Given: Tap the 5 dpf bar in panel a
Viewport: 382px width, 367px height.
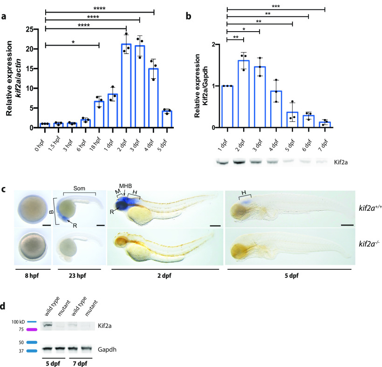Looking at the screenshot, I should coord(154,119).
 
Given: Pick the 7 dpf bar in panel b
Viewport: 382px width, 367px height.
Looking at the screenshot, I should coord(325,125).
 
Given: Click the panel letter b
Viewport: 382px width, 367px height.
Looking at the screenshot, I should coord(188,17).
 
